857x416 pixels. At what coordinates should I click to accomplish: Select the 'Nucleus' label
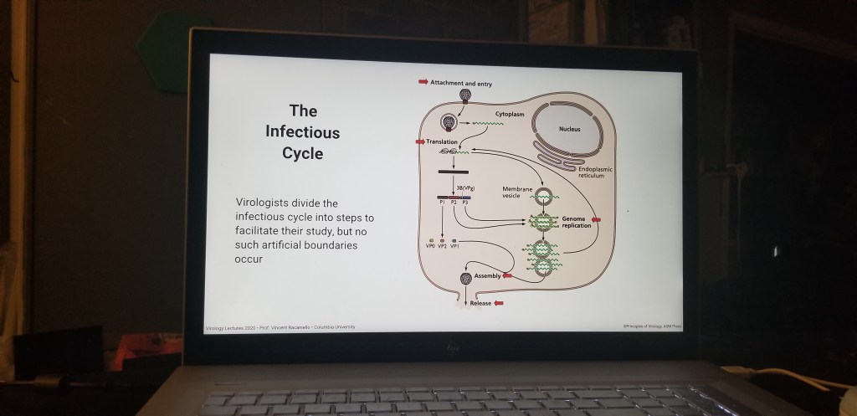point(570,129)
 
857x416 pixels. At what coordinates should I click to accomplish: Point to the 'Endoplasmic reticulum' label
point(597,172)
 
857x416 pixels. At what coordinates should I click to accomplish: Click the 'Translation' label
point(442,141)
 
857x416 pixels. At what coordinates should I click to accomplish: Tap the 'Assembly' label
point(487,275)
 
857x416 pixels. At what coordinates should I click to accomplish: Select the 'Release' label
point(480,302)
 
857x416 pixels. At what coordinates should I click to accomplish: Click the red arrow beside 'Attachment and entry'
point(423,83)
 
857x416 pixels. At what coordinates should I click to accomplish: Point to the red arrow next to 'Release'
point(499,302)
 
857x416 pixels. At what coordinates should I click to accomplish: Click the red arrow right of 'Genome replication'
point(596,220)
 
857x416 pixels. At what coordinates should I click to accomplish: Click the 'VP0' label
point(430,247)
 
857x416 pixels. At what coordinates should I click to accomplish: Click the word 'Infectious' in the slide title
point(303,132)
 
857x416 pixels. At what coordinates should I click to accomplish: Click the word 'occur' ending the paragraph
point(249,259)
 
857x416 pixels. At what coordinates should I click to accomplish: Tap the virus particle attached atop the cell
point(453,96)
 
